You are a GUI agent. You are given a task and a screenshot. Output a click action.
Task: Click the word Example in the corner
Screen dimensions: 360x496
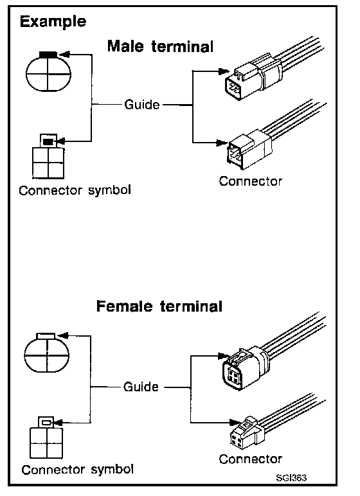click(x=53, y=22)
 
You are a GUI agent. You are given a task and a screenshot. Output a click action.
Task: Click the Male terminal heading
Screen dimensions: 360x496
click(x=160, y=46)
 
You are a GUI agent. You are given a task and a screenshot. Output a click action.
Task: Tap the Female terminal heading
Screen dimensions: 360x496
click(x=159, y=306)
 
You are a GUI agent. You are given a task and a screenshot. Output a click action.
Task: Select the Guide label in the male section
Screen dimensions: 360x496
click(x=142, y=104)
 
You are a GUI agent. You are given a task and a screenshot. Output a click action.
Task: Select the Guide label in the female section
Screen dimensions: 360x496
click(x=141, y=387)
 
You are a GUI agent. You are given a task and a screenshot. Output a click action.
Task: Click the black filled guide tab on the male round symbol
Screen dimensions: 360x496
click(x=48, y=55)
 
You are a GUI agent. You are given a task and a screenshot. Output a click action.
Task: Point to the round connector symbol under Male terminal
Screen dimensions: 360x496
click(x=48, y=72)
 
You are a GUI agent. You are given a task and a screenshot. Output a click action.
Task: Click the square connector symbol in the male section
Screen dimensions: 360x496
click(x=48, y=157)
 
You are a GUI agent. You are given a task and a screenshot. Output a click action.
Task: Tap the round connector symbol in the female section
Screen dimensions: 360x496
click(x=47, y=353)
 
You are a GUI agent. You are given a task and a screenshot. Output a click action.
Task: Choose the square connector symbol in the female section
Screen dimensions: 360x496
click(x=46, y=438)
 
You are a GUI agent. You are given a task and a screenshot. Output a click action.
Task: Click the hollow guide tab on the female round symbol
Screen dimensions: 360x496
click(x=46, y=335)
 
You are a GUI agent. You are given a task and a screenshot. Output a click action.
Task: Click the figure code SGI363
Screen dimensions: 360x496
click(x=291, y=477)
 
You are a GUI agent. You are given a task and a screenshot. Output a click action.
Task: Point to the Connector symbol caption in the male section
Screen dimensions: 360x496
click(x=75, y=190)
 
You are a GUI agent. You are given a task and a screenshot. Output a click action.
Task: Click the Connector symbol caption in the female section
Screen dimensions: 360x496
click(x=78, y=470)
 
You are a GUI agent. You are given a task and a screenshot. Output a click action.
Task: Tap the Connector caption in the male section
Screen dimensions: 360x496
click(x=251, y=181)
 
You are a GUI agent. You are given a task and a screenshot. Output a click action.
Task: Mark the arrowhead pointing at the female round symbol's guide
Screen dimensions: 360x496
click(x=63, y=335)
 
